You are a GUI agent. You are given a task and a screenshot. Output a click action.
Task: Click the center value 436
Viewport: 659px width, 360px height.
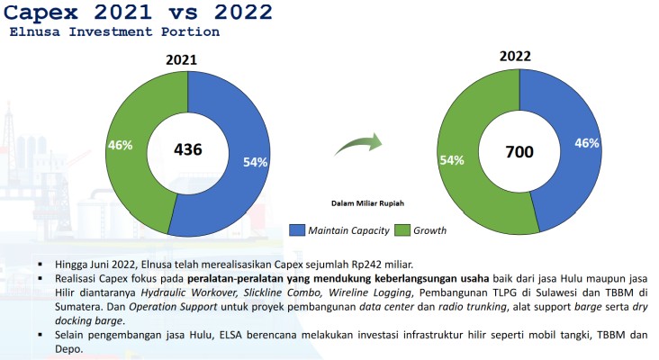point(188,149)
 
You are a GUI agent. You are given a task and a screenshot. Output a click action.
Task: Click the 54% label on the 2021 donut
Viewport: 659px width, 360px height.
point(256,163)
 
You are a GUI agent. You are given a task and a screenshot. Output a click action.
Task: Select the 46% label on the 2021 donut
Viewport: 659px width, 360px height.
point(120,144)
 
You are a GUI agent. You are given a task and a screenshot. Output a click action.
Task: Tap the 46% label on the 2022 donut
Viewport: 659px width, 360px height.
point(587,142)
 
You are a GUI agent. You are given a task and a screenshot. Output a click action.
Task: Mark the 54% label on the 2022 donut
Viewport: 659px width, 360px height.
point(451,159)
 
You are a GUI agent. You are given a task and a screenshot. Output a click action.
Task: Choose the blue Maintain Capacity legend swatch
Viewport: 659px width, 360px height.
point(296,230)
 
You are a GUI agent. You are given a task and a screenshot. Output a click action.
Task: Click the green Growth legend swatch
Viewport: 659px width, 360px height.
point(402,230)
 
